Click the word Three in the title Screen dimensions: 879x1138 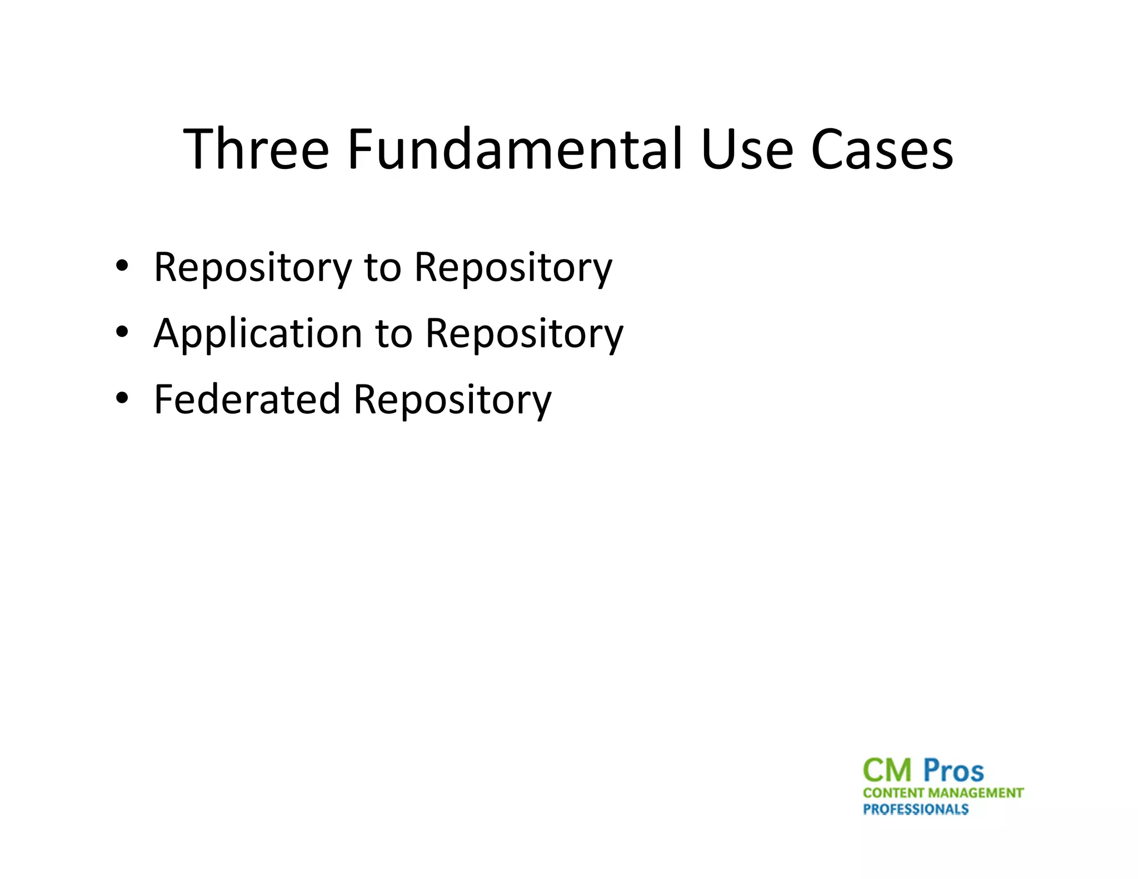pos(256,149)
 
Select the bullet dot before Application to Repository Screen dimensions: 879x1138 pos(122,331)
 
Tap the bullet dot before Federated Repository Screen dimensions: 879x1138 pos(122,397)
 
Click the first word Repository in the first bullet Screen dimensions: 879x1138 pos(253,268)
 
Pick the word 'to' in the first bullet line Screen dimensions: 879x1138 pos(382,268)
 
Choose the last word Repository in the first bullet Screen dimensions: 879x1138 pos(513,268)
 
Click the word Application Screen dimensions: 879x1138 pos(258,334)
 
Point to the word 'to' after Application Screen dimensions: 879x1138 pos(393,334)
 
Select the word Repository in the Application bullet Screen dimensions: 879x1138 pos(524,334)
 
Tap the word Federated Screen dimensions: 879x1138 pos(247,399)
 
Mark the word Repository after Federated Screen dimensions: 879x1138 pos(452,400)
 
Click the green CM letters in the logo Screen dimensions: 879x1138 pos(887,771)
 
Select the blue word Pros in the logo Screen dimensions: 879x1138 pos(954,771)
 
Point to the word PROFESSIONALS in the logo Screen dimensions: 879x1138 pos(916,809)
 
